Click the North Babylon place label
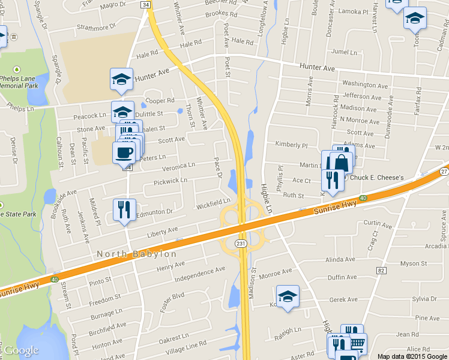coord(137,254)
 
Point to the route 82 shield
coord(381,271)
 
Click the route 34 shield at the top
coord(146,4)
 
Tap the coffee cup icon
coord(124,152)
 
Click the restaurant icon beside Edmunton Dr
coord(124,209)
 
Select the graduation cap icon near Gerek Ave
coord(288,296)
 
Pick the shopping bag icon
coord(341,162)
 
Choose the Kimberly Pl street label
coord(291,145)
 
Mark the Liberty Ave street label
coord(161,230)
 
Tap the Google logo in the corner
coord(21,350)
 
